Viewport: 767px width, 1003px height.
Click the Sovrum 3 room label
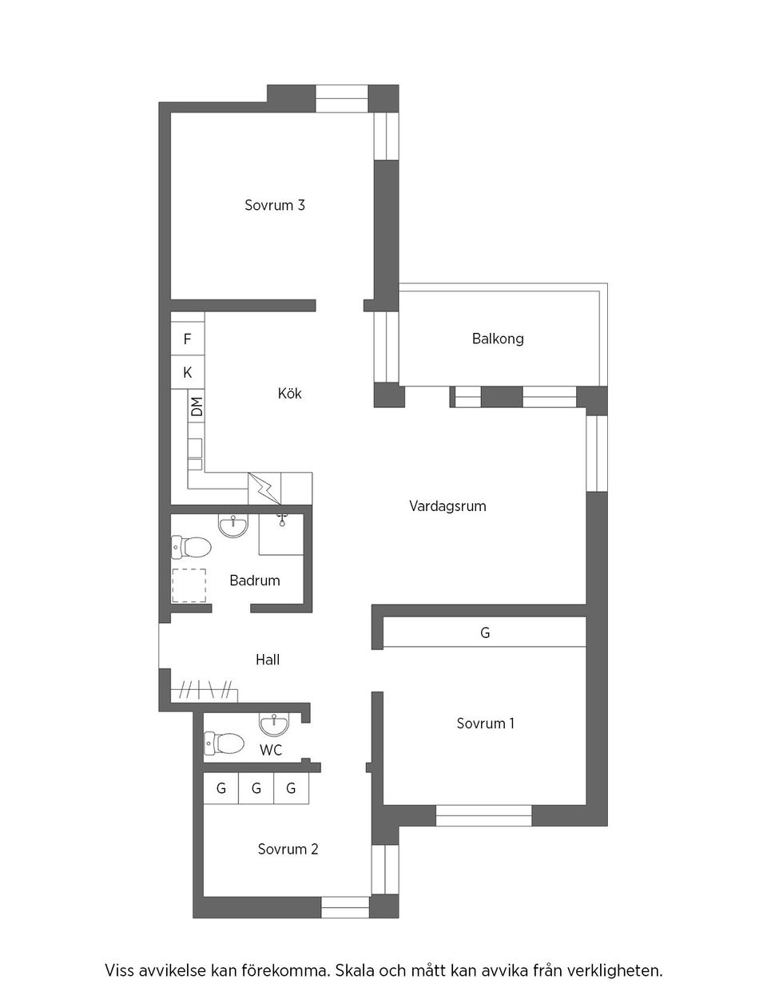point(275,205)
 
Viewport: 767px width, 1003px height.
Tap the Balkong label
point(498,339)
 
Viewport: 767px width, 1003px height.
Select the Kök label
point(290,394)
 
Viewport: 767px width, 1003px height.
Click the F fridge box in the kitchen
point(188,339)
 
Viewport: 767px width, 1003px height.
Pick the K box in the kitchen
point(188,373)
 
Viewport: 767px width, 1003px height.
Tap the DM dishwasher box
point(197,406)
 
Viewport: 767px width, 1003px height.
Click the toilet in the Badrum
point(192,547)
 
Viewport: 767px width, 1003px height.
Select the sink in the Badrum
point(234,525)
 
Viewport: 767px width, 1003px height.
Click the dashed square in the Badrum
point(189,585)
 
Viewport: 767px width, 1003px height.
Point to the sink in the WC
point(274,724)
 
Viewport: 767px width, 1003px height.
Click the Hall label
point(268,660)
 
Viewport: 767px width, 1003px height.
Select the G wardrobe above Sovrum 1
point(485,633)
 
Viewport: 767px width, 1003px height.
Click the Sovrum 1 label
point(486,724)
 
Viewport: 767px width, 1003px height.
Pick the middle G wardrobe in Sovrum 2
point(256,789)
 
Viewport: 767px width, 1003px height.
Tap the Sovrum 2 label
point(288,849)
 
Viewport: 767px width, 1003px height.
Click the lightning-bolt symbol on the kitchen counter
point(264,487)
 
